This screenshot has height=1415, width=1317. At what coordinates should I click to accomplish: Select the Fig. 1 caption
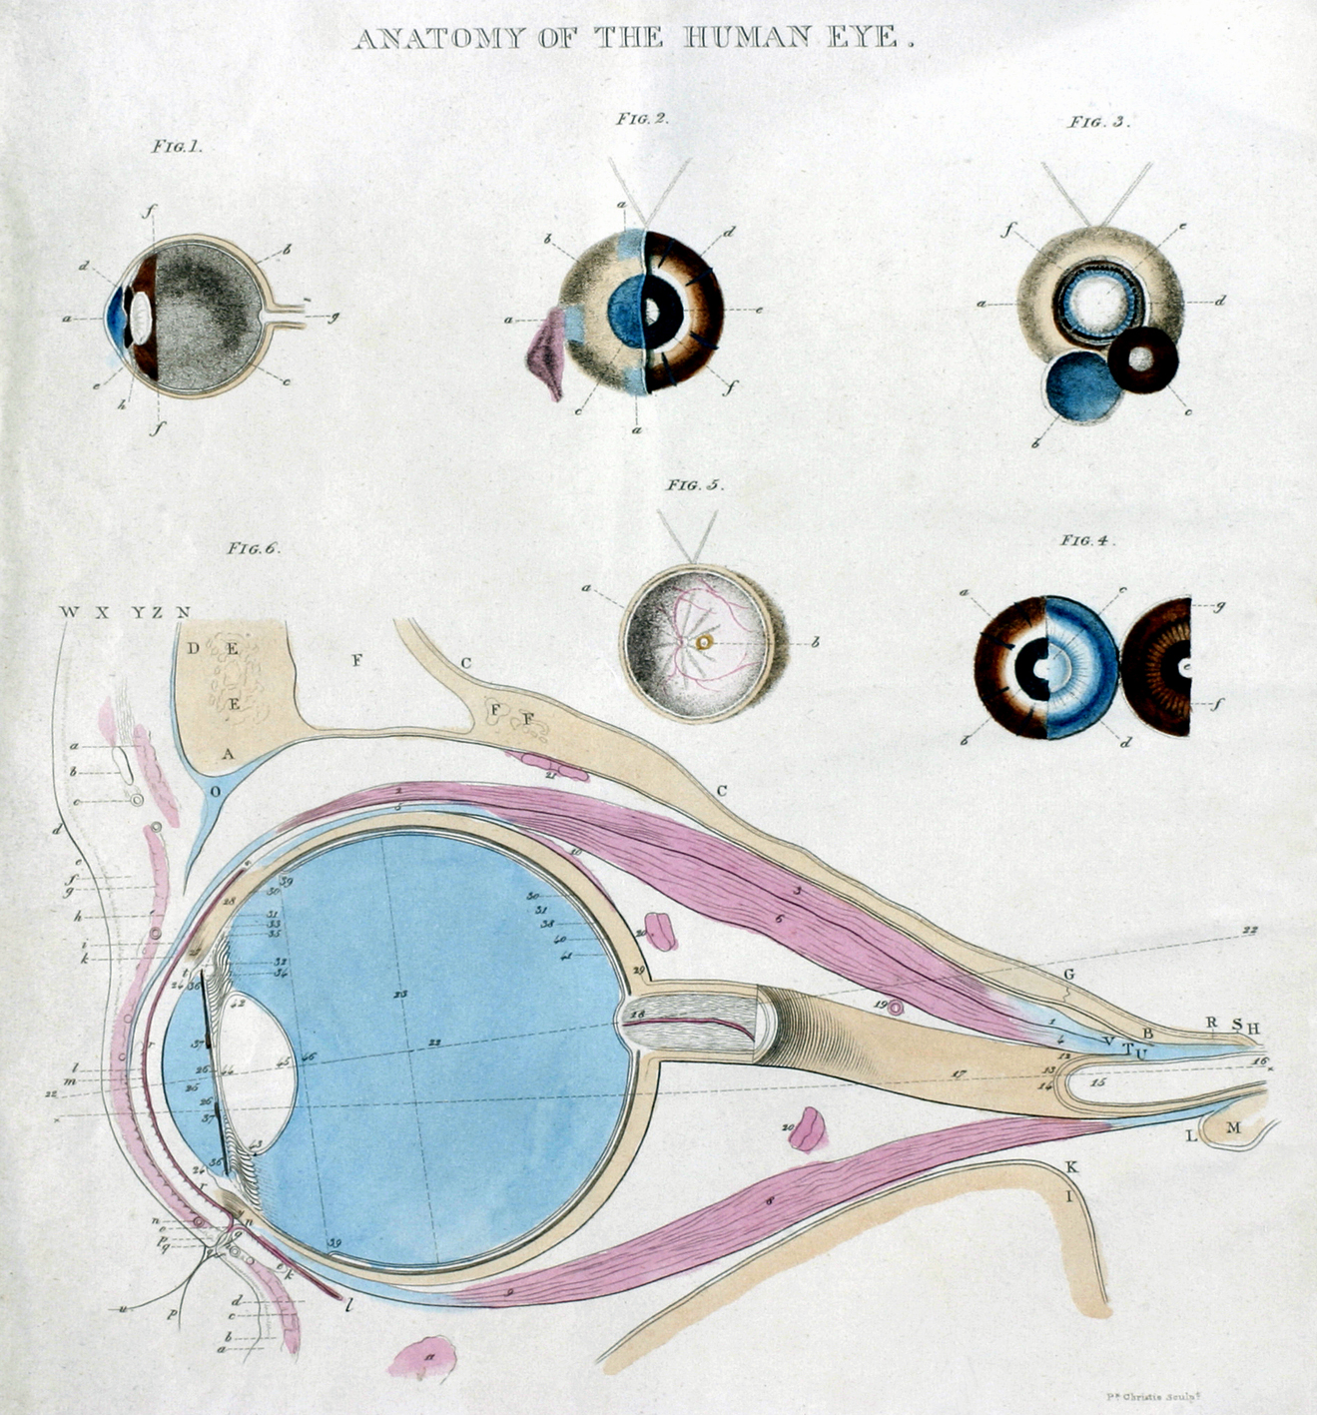coord(177,146)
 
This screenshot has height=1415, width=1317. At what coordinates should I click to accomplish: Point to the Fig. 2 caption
coord(641,119)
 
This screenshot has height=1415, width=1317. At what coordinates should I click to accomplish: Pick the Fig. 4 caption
coord(1087,541)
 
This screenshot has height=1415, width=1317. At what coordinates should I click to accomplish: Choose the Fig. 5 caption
coord(695,485)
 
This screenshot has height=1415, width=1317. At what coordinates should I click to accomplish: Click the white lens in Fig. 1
coord(141,316)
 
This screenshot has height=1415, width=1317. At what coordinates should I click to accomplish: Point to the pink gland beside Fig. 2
coord(546,353)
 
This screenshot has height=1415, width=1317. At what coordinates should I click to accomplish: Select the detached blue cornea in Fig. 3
coord(1081,386)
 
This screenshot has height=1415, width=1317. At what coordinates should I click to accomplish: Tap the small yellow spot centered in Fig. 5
coord(706,642)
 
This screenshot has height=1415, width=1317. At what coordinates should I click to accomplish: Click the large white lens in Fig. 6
coord(257,1066)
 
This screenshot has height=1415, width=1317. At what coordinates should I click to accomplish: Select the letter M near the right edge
coord(1233,1127)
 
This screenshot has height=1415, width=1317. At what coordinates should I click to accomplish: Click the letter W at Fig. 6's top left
coord(69,612)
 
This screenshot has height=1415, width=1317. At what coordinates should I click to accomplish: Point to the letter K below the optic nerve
coord(1071,1167)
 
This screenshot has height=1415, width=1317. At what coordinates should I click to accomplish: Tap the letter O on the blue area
coord(215,790)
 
